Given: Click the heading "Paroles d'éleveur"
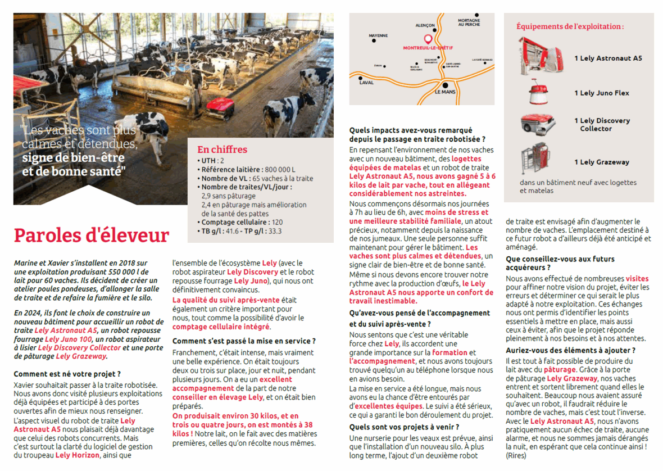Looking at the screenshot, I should click(91, 235).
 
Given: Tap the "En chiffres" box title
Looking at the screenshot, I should click(222, 150).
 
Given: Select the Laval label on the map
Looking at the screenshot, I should click(366, 83).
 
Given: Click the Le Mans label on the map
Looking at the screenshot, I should click(446, 91).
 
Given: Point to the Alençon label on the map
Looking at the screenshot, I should click(425, 25).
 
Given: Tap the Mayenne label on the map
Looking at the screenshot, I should click(378, 35).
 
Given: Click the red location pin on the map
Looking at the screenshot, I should click(427, 39).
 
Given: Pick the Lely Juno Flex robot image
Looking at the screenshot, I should click(538, 93).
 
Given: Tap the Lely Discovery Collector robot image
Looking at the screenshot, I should click(538, 124).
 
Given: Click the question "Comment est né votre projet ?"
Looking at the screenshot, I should click(67, 374).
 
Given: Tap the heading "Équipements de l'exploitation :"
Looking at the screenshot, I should click(570, 26).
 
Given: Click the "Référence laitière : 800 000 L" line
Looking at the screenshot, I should click(248, 170).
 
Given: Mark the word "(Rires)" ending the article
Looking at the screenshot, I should click(516, 456).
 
